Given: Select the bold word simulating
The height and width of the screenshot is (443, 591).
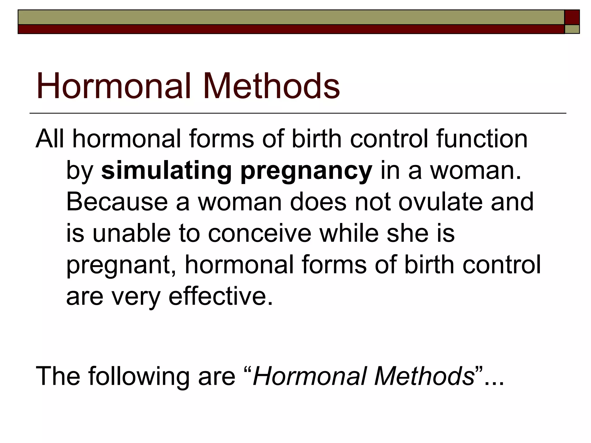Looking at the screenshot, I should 167,170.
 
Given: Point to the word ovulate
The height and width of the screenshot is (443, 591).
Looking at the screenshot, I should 441,202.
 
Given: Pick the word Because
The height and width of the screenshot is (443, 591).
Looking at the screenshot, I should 117,202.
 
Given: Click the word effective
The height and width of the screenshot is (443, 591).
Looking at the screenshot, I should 221,296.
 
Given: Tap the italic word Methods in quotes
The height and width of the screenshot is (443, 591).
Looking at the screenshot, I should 424,376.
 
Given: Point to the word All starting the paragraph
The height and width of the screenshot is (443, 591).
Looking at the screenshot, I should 50,139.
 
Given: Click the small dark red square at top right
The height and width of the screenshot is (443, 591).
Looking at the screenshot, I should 572,17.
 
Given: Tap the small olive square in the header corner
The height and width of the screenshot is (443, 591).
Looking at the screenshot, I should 572,29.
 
